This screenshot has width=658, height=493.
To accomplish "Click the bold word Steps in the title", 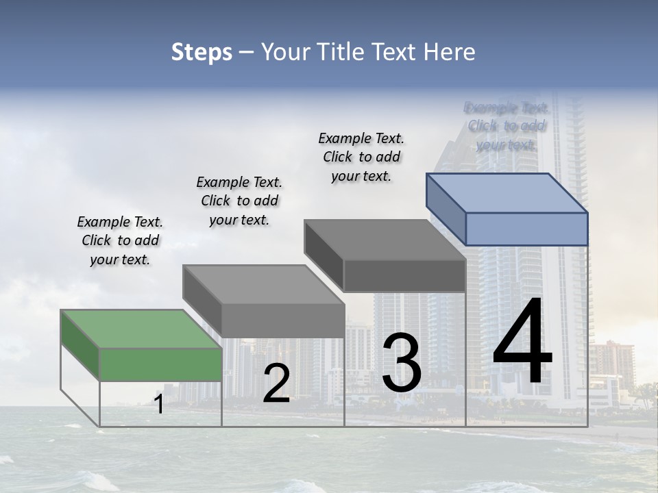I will click(x=202, y=52).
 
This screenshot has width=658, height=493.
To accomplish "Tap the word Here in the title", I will click(x=450, y=52).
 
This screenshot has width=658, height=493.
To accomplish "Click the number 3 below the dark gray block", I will click(x=402, y=363).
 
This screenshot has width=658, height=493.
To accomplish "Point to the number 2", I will click(x=276, y=383).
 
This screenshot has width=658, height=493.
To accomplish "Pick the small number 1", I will click(x=159, y=405).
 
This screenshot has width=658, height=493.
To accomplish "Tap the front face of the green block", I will click(x=161, y=364).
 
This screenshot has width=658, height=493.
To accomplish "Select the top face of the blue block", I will click(x=507, y=192).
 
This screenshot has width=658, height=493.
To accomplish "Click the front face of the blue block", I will click(x=526, y=229).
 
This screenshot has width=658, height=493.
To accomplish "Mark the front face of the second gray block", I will click(x=282, y=320).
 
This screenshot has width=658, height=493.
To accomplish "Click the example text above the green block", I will click(x=120, y=240).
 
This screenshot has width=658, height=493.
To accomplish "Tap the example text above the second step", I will click(x=239, y=201).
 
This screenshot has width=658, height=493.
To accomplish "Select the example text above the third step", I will click(x=361, y=157).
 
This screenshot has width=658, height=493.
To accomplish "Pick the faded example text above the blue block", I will click(x=507, y=126).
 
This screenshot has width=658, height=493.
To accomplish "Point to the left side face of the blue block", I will click(x=446, y=209).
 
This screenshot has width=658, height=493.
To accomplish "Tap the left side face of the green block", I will click(x=80, y=345).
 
